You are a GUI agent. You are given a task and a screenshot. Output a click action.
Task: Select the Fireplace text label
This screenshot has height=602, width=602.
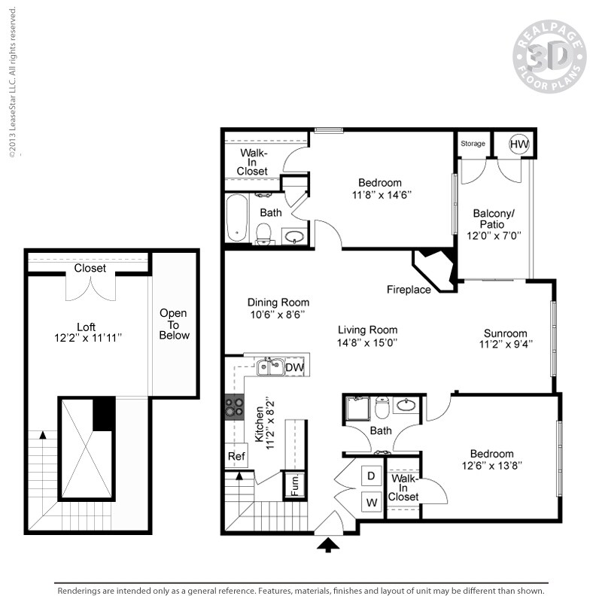409,290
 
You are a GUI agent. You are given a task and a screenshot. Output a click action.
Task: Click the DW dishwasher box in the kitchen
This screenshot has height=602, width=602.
294,367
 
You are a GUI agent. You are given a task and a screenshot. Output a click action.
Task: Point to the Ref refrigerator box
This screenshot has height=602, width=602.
236,456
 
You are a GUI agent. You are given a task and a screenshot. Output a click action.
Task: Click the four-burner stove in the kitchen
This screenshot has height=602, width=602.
234,406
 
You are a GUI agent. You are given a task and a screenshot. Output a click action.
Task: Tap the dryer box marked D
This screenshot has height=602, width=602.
371,476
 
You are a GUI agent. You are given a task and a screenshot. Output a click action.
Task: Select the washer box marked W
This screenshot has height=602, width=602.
371,501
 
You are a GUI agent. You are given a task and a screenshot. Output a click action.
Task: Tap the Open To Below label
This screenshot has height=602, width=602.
174,324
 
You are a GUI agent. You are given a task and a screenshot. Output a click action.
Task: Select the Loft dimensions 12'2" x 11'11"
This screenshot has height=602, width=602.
88,339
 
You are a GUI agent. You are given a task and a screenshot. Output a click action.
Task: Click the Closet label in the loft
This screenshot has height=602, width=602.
90,268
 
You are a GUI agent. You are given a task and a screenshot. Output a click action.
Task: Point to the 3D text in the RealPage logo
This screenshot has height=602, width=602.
547,56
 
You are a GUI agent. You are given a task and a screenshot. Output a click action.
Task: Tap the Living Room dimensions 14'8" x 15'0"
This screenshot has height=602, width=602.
367,342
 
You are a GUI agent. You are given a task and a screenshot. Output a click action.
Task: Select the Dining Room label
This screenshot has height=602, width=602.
278,303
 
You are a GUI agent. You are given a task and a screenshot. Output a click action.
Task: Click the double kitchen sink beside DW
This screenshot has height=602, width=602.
269,367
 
